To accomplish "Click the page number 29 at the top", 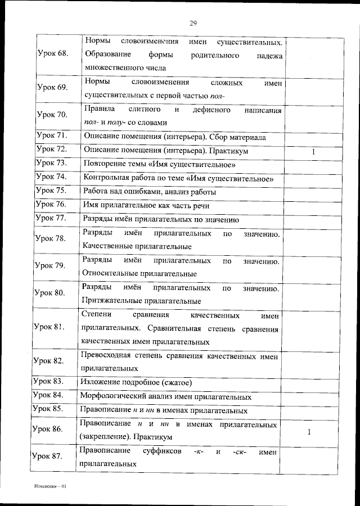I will point(192,23).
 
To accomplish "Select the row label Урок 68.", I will point(52,53).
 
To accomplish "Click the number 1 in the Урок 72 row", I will point(313,152).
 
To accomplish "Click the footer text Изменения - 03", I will point(49,485).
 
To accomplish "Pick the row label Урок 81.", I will point(49,327).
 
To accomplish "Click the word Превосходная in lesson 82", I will point(106,356).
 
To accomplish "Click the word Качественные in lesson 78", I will point(108,246).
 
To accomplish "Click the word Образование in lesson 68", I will point(109,55).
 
